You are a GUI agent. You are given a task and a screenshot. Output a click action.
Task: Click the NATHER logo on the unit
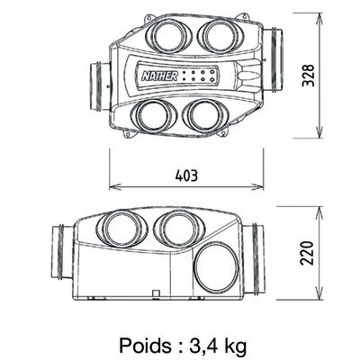159,76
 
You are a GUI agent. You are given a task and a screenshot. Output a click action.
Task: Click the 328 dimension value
308,76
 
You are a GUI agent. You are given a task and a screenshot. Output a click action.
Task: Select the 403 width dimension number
186,175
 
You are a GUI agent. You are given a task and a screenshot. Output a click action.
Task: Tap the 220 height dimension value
307,253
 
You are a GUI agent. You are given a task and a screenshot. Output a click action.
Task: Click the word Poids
146,346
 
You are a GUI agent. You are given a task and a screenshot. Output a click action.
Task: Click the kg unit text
235,346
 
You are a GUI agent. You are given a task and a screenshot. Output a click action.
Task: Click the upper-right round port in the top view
220,35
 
